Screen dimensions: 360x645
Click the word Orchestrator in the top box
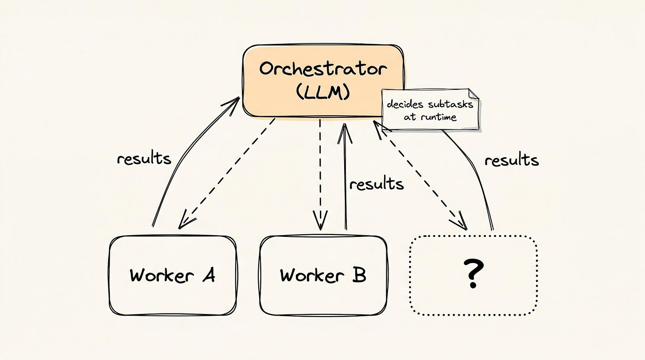click(323, 70)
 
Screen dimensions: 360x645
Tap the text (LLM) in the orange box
click(323, 93)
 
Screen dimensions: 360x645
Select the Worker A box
click(172, 275)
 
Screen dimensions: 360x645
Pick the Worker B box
click(323, 275)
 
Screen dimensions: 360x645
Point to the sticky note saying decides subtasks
click(430, 110)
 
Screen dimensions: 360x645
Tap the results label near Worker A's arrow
click(144, 159)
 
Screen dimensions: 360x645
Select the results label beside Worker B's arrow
click(377, 183)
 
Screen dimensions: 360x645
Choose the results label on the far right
click(512, 160)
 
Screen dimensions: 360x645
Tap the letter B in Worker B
click(358, 275)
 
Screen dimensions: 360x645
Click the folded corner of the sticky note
click(473, 93)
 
